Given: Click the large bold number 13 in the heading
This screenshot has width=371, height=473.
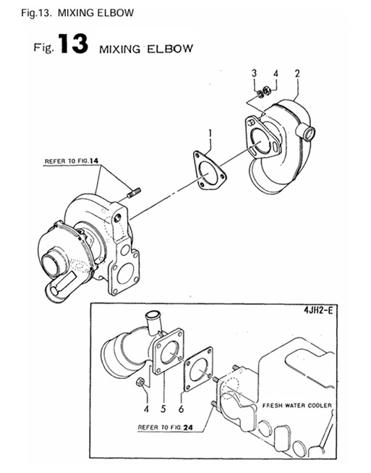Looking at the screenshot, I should (x=71, y=46).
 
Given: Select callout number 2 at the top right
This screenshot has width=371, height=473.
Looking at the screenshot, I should (x=297, y=73).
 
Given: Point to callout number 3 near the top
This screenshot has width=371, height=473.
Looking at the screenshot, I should (x=254, y=73).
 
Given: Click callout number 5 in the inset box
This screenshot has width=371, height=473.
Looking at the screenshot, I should (x=163, y=395).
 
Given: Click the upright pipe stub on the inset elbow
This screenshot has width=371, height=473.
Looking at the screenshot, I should (x=153, y=320).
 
